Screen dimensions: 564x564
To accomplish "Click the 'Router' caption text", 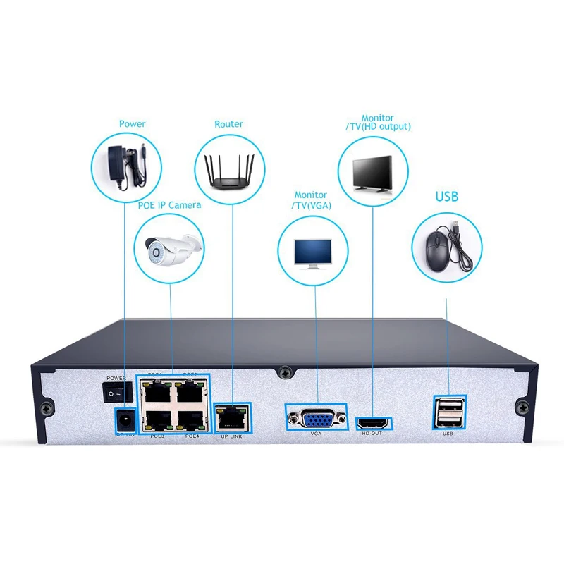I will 228,124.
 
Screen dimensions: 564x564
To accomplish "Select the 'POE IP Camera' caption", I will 169,205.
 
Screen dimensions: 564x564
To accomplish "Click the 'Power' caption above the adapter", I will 132,124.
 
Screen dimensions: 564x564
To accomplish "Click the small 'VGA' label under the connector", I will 316,434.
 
